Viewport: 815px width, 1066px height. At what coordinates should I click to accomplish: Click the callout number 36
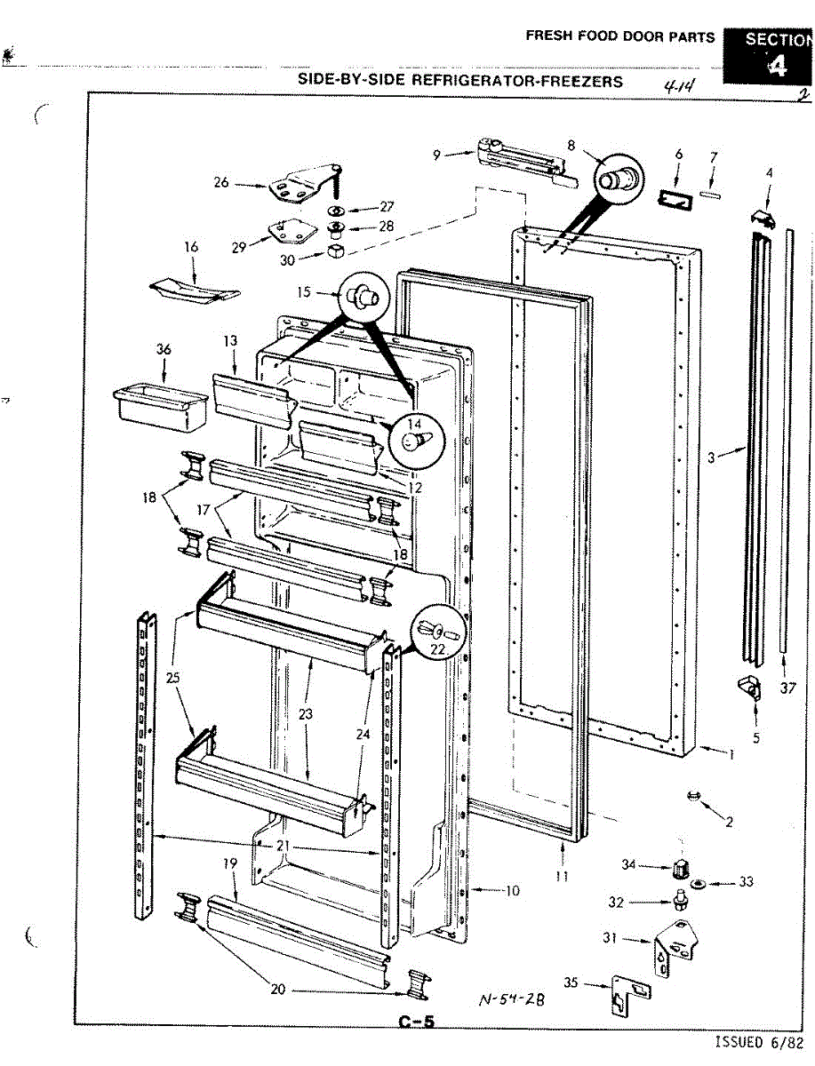click(x=163, y=350)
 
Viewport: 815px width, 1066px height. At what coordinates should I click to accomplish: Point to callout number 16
click(x=191, y=247)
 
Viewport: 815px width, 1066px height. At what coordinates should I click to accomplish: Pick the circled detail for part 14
click(x=413, y=437)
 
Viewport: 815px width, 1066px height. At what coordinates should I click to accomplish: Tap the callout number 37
click(x=787, y=688)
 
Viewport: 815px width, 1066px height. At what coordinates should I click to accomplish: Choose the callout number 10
click(x=512, y=890)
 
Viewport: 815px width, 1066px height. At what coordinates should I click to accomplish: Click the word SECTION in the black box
click(x=777, y=39)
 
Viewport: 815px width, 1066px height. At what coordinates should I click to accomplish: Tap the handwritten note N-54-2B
click(x=511, y=998)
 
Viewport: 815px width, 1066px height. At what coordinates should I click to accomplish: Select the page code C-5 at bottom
click(x=417, y=1022)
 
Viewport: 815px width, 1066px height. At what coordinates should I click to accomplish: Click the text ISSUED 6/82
click(x=763, y=1042)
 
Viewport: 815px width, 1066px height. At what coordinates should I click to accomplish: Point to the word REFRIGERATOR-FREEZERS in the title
click(x=516, y=80)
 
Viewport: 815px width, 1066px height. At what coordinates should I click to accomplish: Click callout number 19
click(x=229, y=863)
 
